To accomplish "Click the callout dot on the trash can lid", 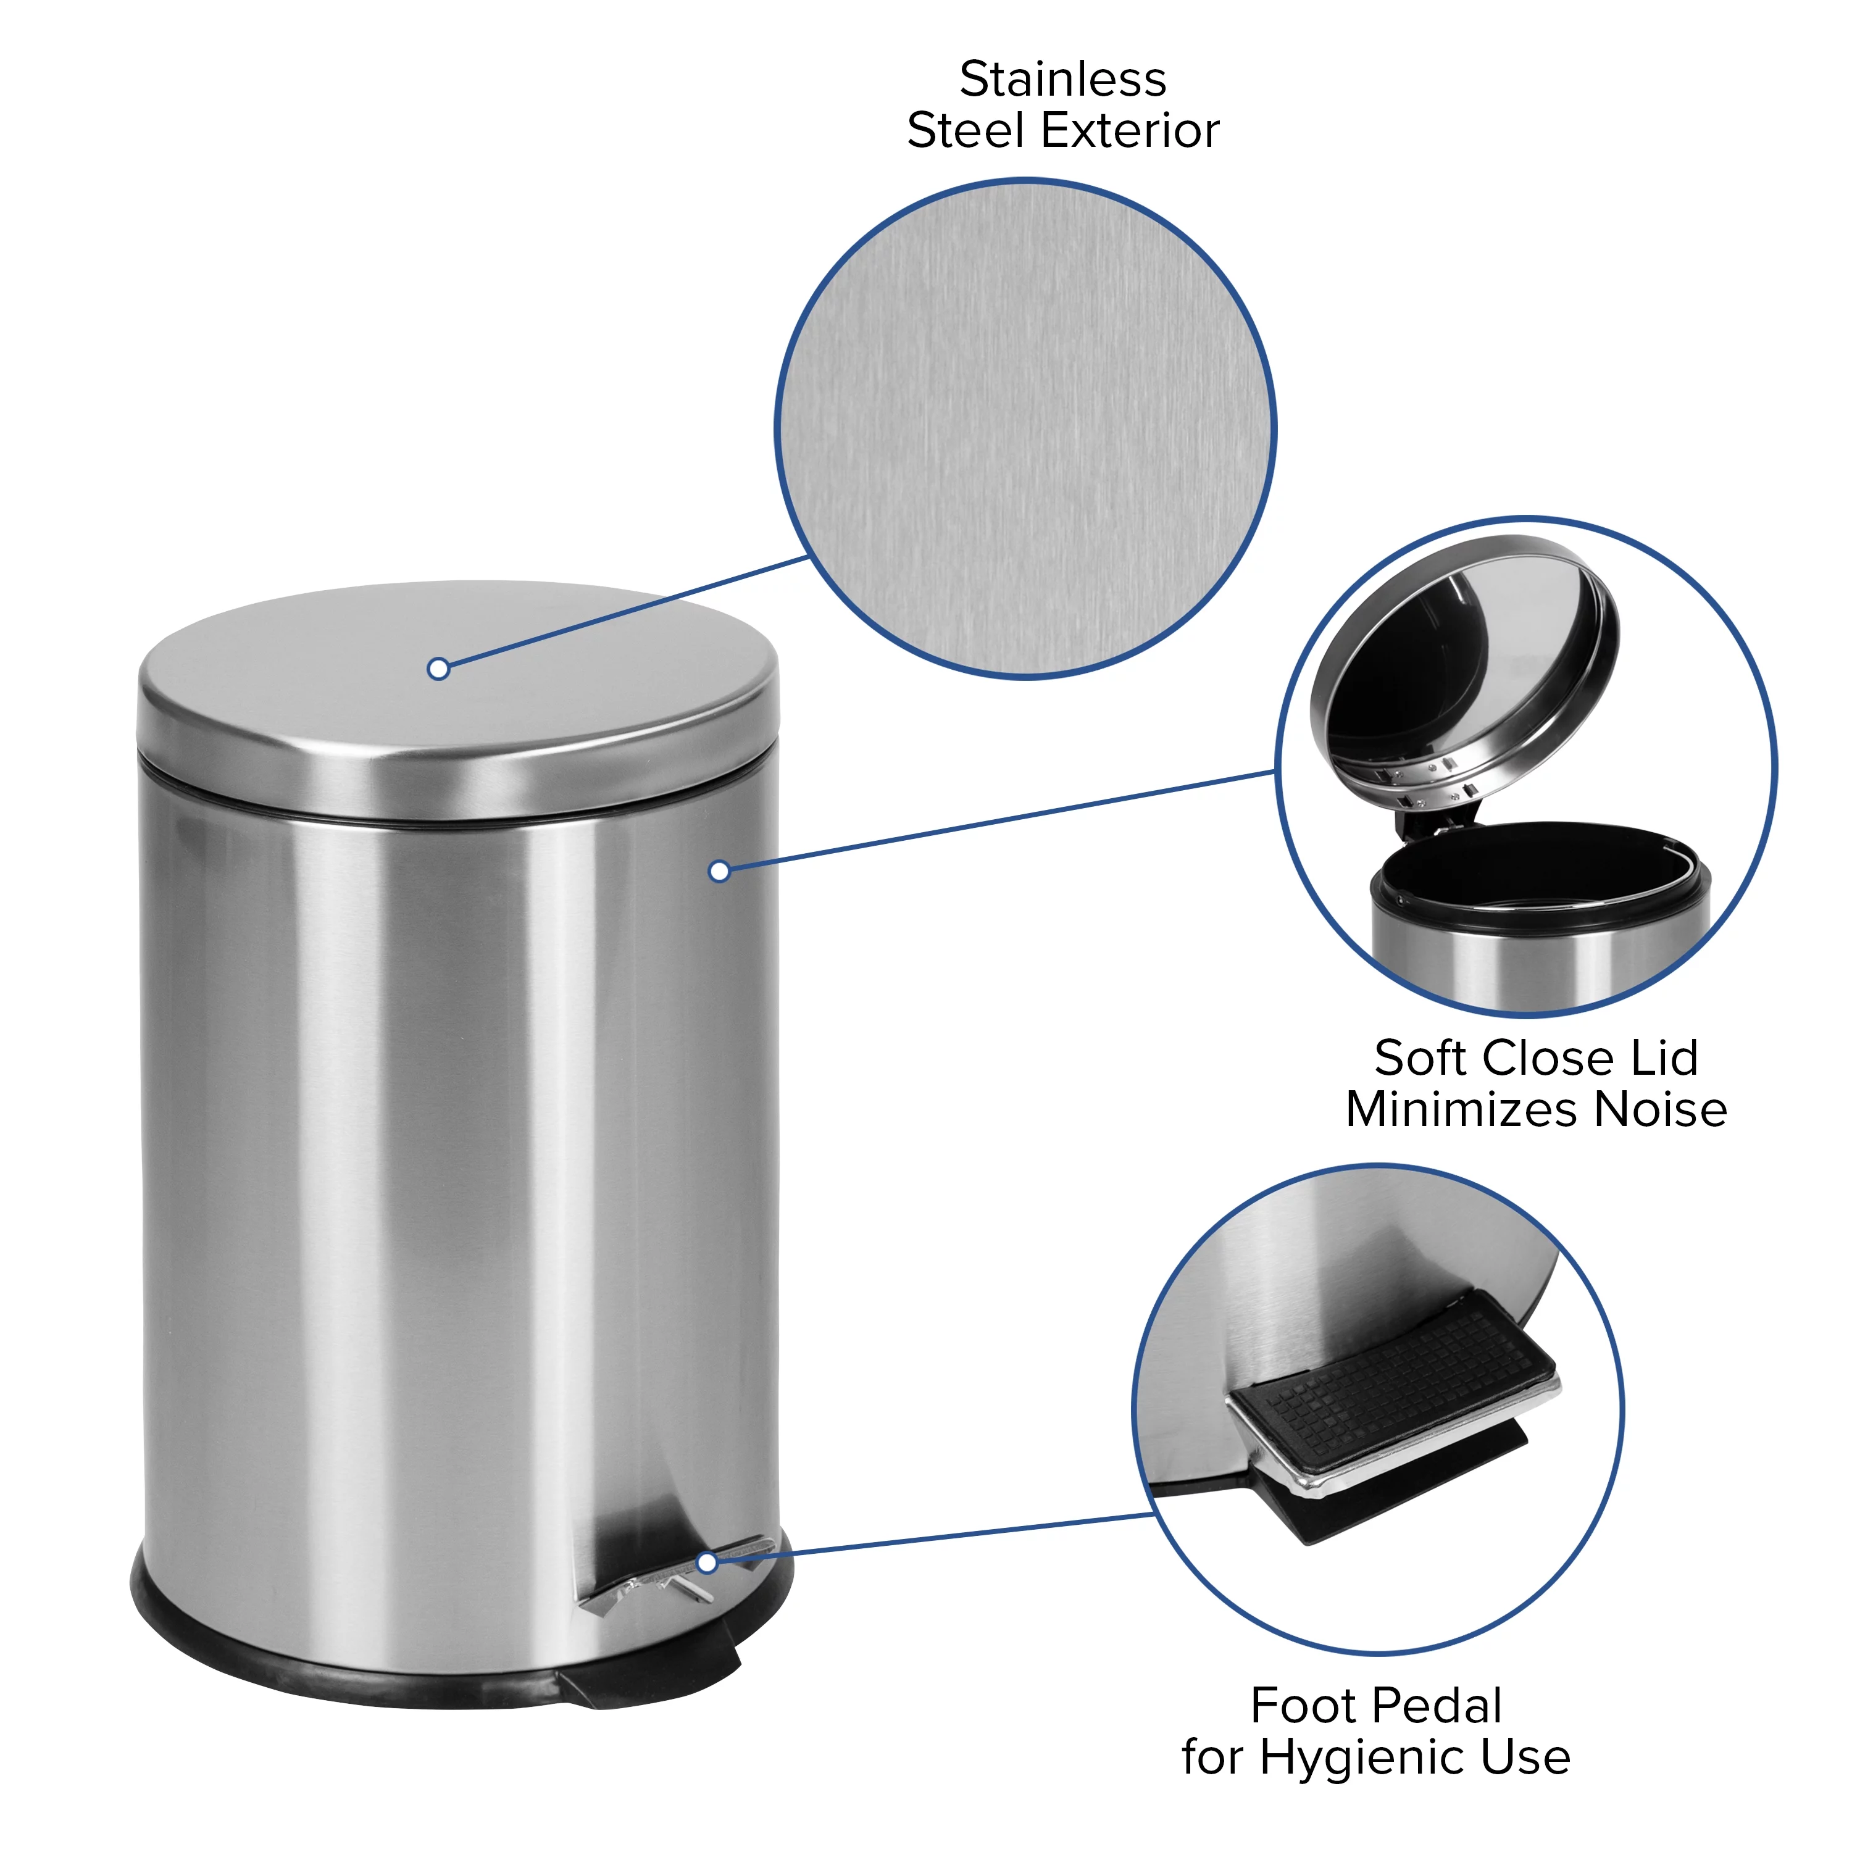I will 438,669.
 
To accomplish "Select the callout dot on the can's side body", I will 719,870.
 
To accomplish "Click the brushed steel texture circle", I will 1025,428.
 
